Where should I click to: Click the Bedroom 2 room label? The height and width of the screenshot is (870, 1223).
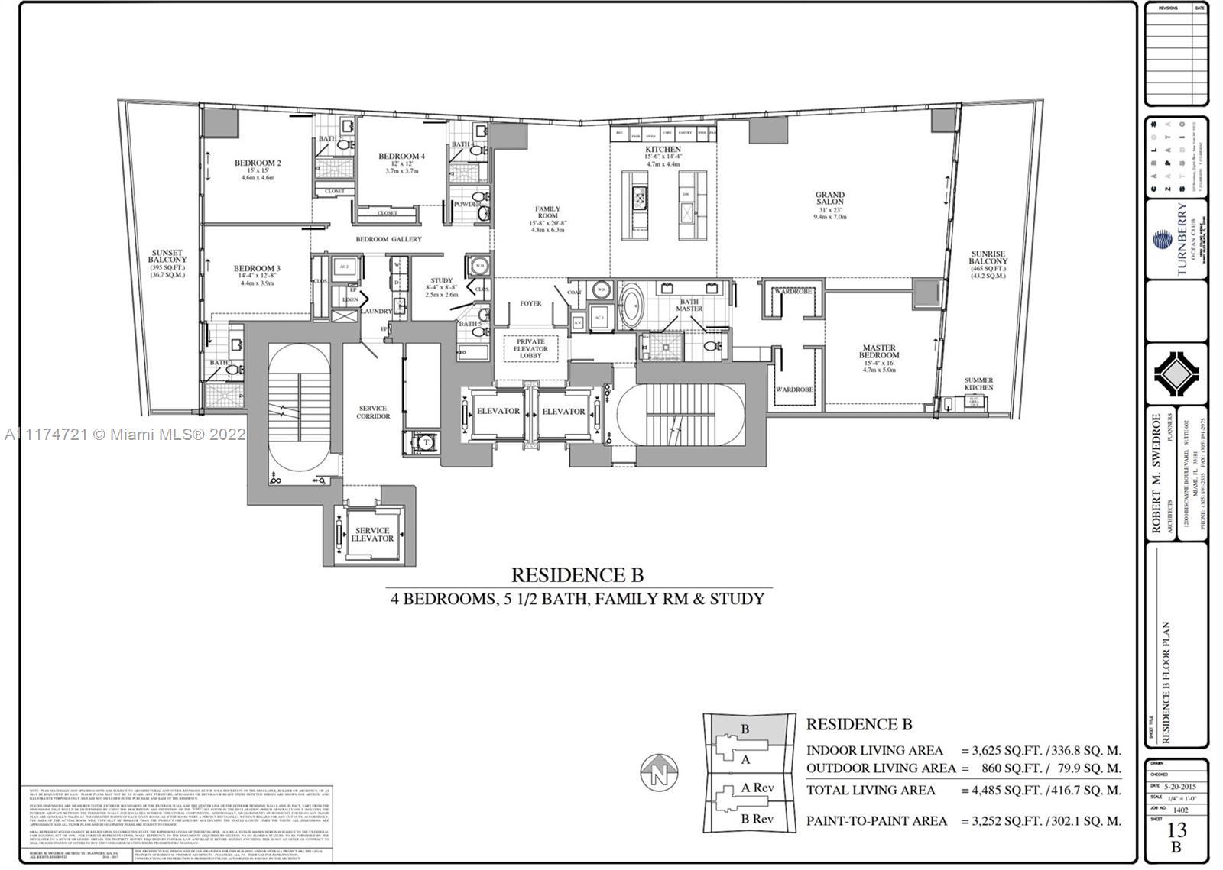[258, 163]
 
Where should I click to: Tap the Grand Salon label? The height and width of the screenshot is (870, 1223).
[829, 199]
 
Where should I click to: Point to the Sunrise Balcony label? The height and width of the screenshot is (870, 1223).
[988, 257]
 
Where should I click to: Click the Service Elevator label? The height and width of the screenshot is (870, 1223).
[372, 534]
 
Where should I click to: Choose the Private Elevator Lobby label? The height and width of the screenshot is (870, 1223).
[530, 348]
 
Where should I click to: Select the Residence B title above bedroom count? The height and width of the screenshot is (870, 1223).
[577, 574]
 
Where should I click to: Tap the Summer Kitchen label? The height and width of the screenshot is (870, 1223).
[978, 383]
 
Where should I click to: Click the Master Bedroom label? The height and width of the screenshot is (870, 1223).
[878, 351]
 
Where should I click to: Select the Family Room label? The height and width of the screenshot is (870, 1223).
[547, 212]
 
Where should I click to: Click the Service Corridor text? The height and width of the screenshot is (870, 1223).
[373, 412]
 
